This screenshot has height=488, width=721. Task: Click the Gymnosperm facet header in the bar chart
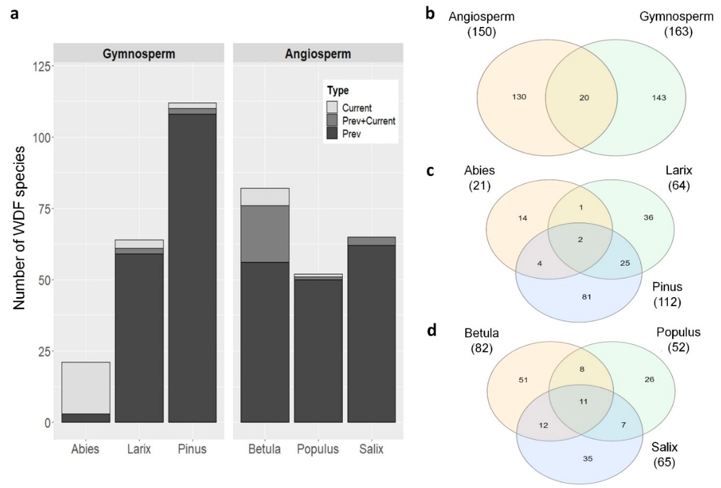139,54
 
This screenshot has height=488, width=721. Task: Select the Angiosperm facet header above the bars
318,54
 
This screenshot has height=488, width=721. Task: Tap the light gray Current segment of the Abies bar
86,388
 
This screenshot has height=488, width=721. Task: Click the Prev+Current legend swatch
332,121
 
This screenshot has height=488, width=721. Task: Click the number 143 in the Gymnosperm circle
659,98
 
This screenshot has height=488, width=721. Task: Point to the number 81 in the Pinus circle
586,297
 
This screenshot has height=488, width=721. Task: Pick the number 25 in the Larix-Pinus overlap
625,263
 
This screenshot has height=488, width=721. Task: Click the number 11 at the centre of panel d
583,402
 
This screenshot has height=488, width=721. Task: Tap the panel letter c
430,171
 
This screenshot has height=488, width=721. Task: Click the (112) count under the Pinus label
667,302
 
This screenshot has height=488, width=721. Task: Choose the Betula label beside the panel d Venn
482,333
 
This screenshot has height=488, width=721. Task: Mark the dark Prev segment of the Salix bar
371,333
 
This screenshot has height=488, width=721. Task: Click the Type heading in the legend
338,91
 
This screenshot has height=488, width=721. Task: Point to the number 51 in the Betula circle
523,380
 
